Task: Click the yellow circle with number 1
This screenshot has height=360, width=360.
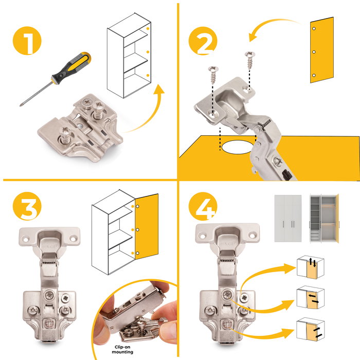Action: click(27, 41)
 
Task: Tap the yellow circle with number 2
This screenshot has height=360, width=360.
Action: click(203, 41)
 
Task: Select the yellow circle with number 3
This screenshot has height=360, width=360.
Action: click(27, 206)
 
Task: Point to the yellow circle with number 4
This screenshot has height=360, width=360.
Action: click(203, 206)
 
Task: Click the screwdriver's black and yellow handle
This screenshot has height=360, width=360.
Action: click(71, 66)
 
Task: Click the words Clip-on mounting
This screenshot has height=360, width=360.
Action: click(122, 349)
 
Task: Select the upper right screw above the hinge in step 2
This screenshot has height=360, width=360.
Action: click(249, 60)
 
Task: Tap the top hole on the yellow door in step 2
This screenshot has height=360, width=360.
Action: click(314, 28)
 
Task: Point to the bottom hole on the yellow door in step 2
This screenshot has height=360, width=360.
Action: click(314, 75)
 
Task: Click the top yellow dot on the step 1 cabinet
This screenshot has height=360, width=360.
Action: click(148, 29)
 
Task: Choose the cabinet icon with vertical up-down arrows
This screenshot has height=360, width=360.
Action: click(311, 267)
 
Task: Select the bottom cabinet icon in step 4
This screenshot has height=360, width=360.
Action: click(311, 329)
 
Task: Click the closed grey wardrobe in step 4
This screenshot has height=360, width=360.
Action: click(288, 218)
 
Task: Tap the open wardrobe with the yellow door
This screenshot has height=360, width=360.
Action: click(324, 218)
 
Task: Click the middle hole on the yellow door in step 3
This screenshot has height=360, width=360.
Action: click(137, 229)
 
